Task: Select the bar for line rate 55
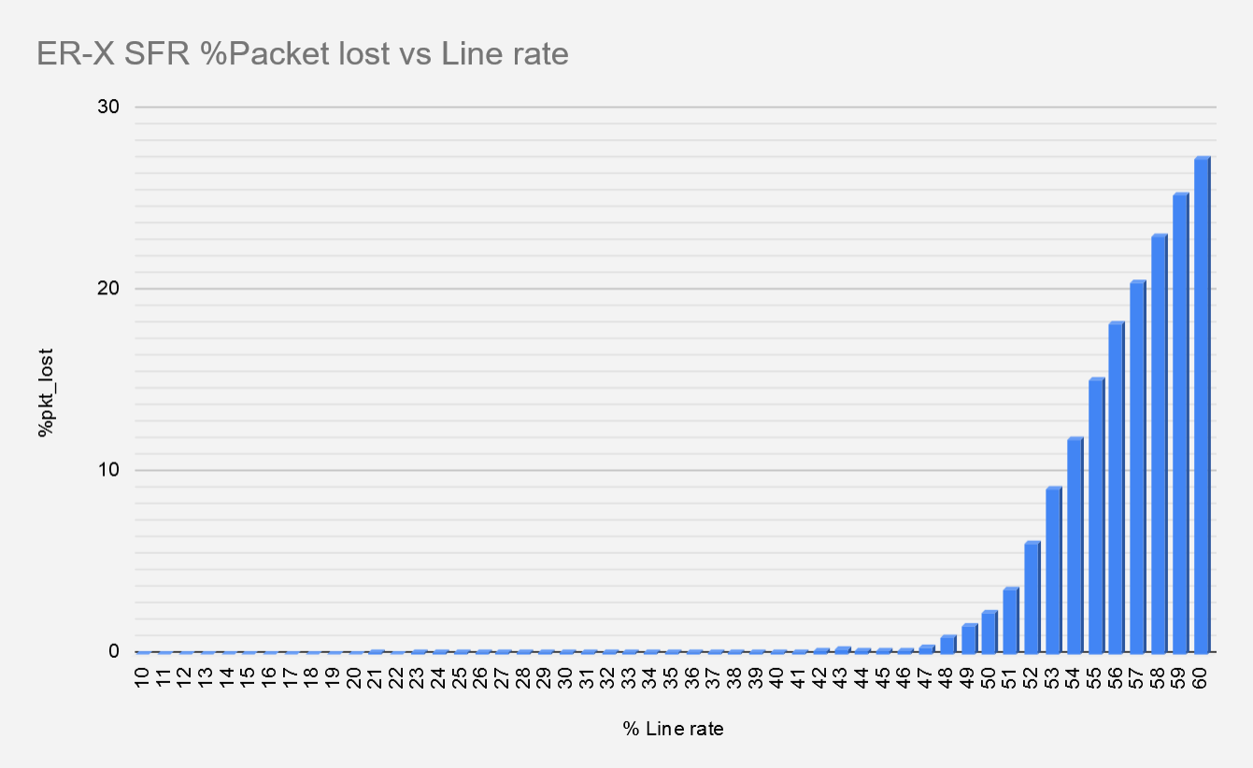(1096, 515)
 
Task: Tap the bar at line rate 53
(1053, 569)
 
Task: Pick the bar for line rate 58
(1159, 443)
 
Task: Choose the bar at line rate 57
(1137, 466)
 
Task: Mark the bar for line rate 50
(990, 631)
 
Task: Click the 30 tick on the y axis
(109, 107)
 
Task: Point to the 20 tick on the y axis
(109, 288)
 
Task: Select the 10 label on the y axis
(109, 469)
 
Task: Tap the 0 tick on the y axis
(114, 651)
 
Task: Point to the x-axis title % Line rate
(673, 729)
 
